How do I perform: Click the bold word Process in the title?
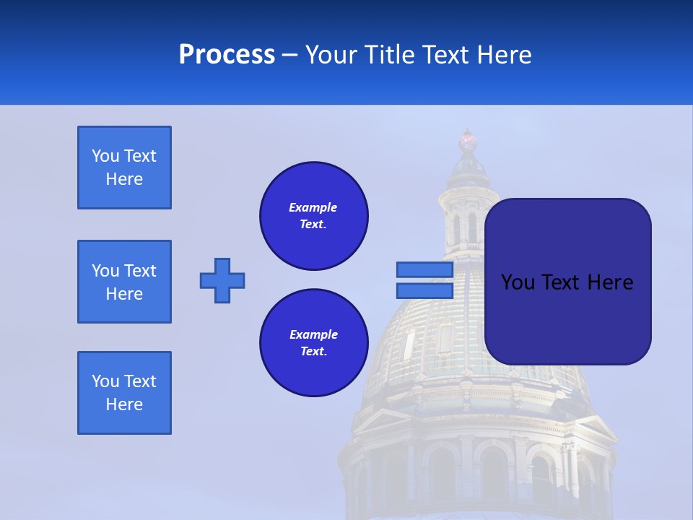pos(227,55)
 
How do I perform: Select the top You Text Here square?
pos(124,168)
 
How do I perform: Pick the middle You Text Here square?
pos(124,282)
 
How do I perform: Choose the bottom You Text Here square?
pos(124,393)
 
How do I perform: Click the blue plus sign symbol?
pos(222,280)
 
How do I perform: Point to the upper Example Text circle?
pos(314,216)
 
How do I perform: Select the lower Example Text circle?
pos(314,343)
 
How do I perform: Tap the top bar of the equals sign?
pos(424,270)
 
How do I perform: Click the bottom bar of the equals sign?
pos(424,290)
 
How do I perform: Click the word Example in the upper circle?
pos(313,207)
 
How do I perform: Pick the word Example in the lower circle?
pos(313,334)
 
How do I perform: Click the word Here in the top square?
pos(124,179)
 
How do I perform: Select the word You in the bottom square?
pos(105,381)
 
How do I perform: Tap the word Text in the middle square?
pos(141,271)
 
